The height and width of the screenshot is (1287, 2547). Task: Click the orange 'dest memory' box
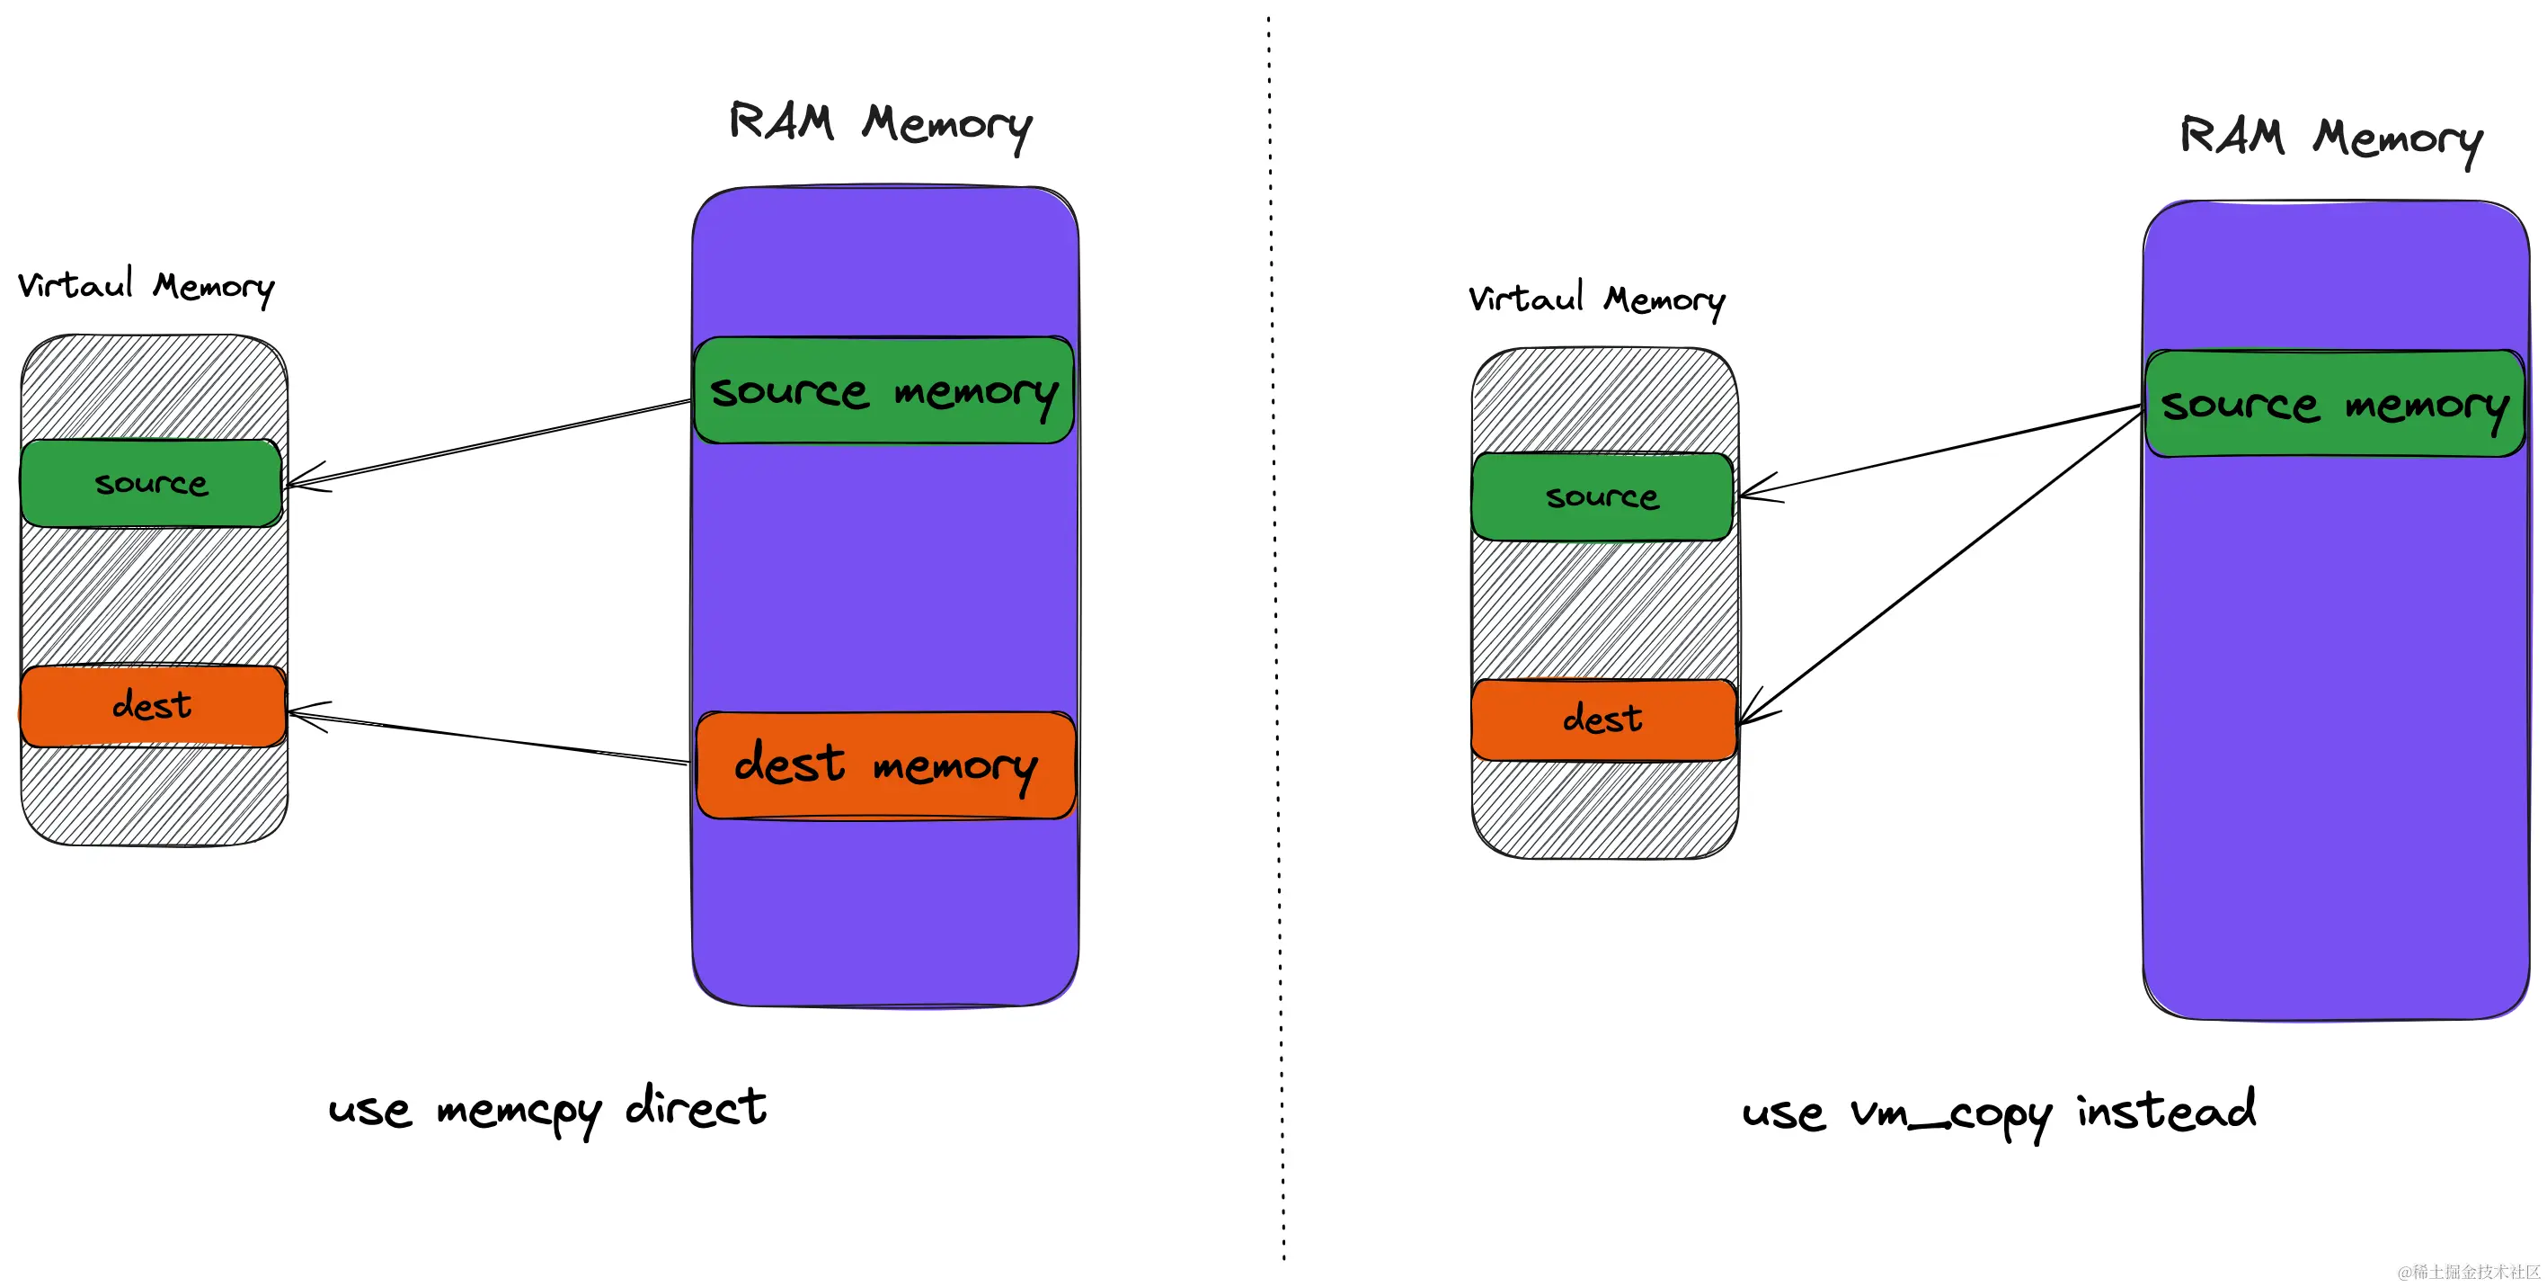(x=885, y=764)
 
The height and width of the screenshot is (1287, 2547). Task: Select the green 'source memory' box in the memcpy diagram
(x=883, y=390)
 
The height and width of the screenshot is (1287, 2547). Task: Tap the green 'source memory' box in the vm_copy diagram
(x=2333, y=404)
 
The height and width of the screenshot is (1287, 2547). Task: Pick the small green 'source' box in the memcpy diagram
(x=151, y=483)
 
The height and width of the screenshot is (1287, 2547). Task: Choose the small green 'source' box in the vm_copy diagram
(x=1602, y=496)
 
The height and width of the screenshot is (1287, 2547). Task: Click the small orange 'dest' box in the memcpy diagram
(x=152, y=705)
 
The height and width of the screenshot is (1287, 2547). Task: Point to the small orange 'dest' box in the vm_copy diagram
(x=1602, y=719)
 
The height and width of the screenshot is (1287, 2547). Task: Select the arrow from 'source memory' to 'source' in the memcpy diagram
(x=490, y=444)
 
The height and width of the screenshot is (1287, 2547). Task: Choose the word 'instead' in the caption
(x=2165, y=1110)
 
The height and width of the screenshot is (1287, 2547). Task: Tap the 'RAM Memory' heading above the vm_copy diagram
(x=2330, y=138)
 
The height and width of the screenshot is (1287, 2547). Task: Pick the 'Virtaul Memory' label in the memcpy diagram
(x=146, y=286)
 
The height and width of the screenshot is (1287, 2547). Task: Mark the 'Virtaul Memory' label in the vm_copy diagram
(x=1596, y=299)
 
